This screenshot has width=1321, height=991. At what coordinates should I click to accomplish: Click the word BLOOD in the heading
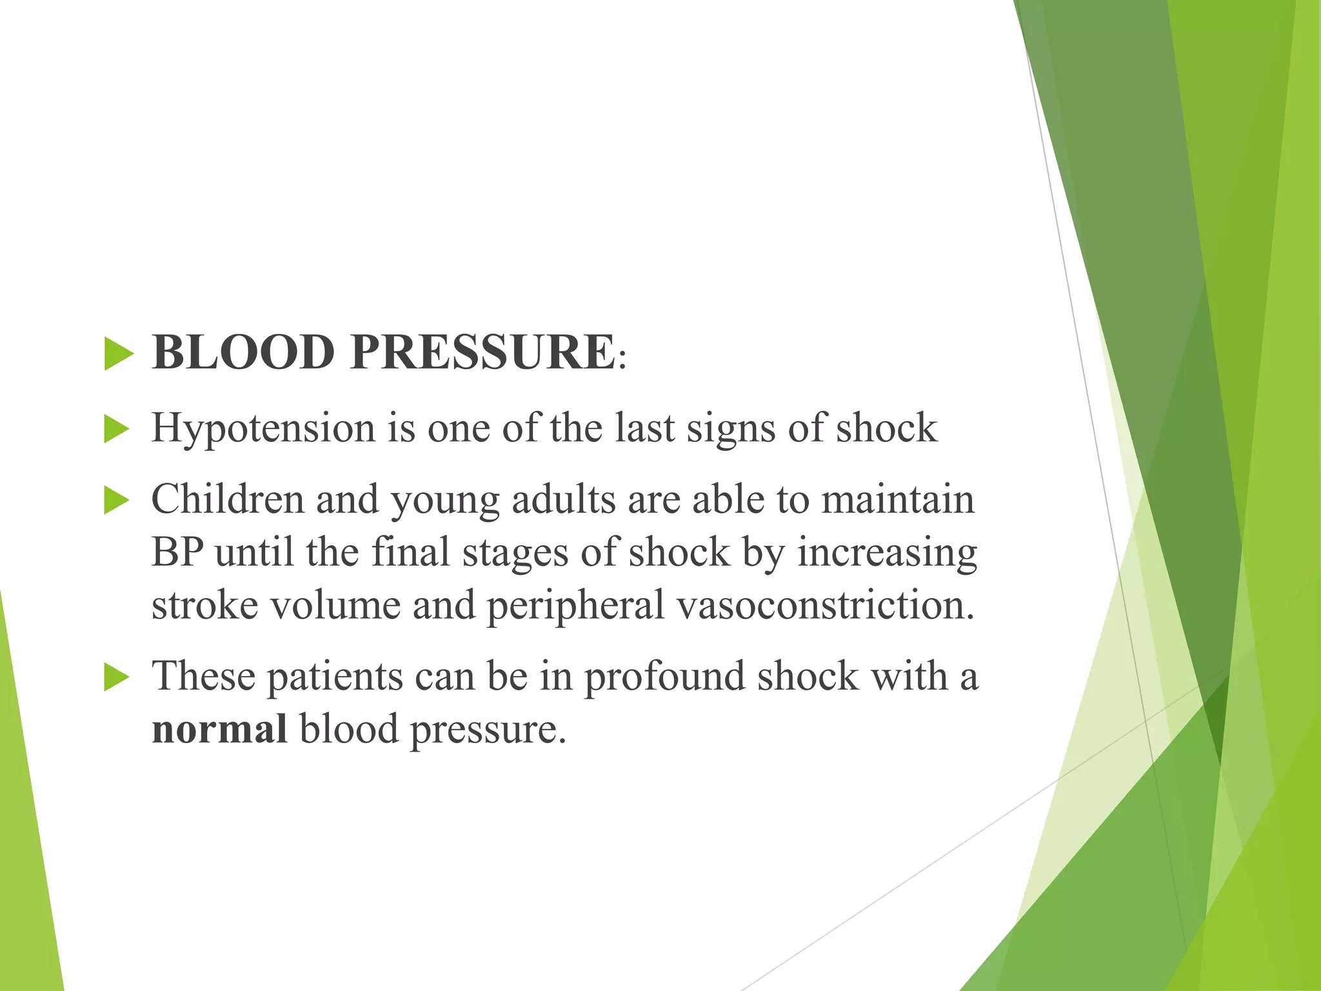coord(243,353)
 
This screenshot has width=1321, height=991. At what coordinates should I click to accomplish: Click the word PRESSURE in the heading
coord(482,353)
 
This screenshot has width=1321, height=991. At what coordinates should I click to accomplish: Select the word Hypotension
coord(263,429)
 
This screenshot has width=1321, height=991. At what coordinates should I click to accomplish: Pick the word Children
coord(227,500)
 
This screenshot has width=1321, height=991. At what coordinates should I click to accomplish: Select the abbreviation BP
coord(177,553)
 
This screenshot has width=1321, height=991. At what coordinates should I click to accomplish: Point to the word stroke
coord(204,606)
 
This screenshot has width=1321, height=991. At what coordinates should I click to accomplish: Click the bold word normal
coord(219,730)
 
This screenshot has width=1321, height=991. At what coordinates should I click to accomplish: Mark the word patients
coord(335,677)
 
